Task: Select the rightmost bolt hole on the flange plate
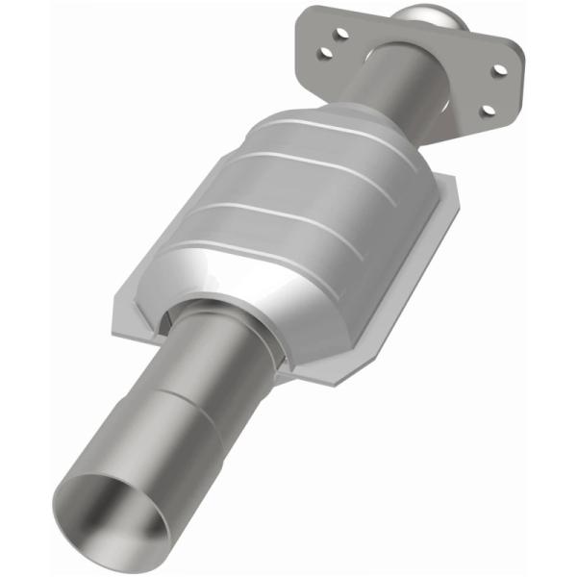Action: tap(499, 69)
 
